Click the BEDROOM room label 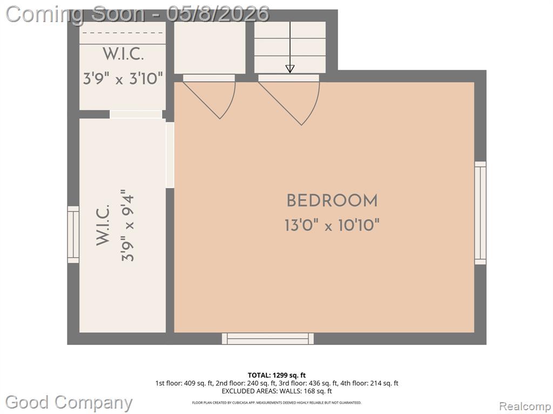pyautogui.click(x=332, y=201)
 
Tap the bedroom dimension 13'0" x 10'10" pyautogui.click(x=332, y=225)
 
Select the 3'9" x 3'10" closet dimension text pyautogui.click(x=123, y=78)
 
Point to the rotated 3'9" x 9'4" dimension pyautogui.click(x=127, y=226)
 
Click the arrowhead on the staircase pyautogui.click(x=290, y=68)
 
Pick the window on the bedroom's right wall pyautogui.click(x=480, y=212)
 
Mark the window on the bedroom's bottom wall pyautogui.click(x=268, y=339)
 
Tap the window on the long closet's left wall pyautogui.click(x=73, y=234)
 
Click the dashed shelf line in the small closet pyautogui.click(x=123, y=33)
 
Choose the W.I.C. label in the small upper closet pyautogui.click(x=123, y=54)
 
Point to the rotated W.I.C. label pyautogui.click(x=103, y=225)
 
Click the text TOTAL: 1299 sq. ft pyautogui.click(x=277, y=375)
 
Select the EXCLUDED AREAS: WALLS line pyautogui.click(x=277, y=391)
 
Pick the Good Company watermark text pyautogui.click(x=69, y=402)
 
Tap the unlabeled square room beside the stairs pyautogui.click(x=210, y=48)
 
